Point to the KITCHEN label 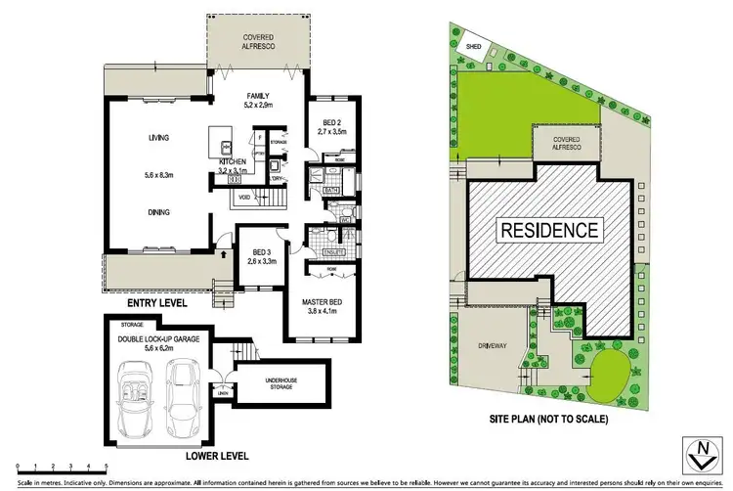[x=233, y=161]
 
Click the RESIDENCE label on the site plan [x=549, y=231]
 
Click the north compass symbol [x=701, y=453]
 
